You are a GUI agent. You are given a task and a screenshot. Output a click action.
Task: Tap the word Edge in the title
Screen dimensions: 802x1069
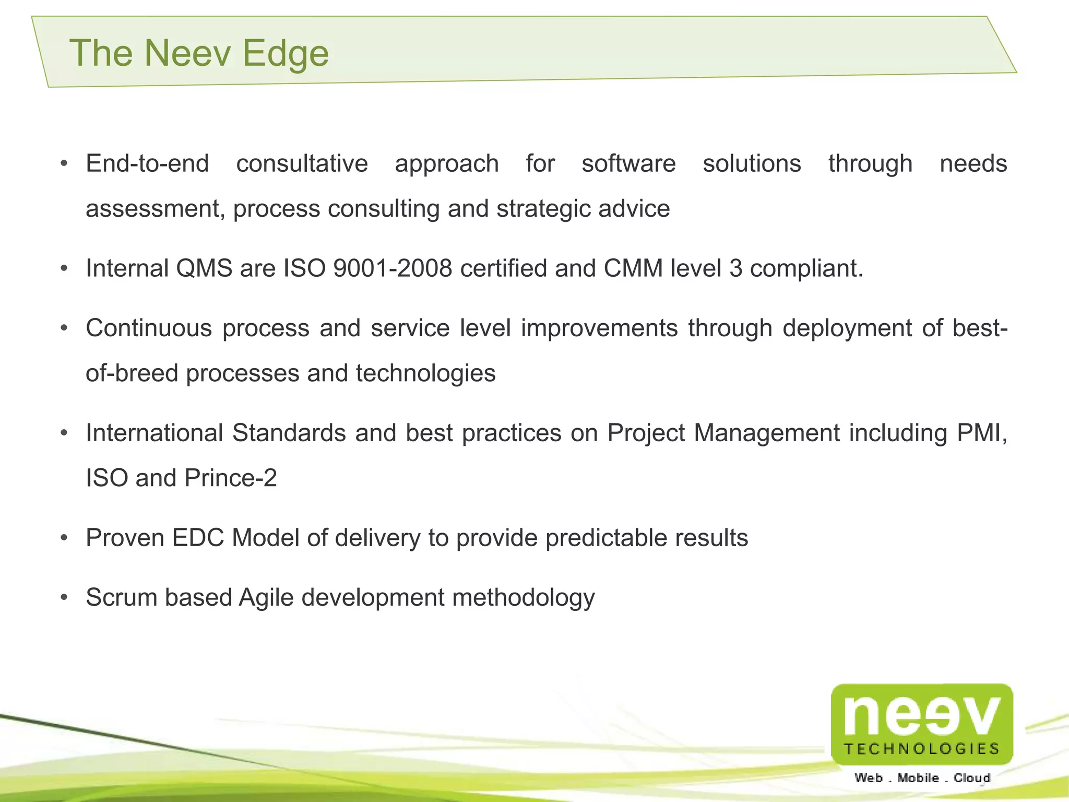[285, 54]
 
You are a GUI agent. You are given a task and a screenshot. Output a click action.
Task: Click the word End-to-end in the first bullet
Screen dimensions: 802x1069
[147, 164]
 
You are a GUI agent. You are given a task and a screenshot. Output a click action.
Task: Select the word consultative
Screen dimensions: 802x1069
[302, 164]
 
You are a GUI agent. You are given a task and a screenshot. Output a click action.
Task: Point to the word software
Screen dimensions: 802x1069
[628, 164]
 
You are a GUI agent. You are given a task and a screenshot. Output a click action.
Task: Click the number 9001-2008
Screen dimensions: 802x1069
[393, 269]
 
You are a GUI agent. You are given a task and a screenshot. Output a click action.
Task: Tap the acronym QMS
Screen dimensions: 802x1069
[204, 269]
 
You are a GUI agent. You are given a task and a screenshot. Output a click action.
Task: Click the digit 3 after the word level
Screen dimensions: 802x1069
[735, 269]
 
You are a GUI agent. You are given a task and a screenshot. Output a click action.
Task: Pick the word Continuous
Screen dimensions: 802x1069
[149, 328]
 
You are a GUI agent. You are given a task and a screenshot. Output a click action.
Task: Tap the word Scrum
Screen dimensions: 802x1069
[121, 598]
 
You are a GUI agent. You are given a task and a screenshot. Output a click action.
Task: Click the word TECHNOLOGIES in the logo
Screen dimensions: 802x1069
[922, 749]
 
